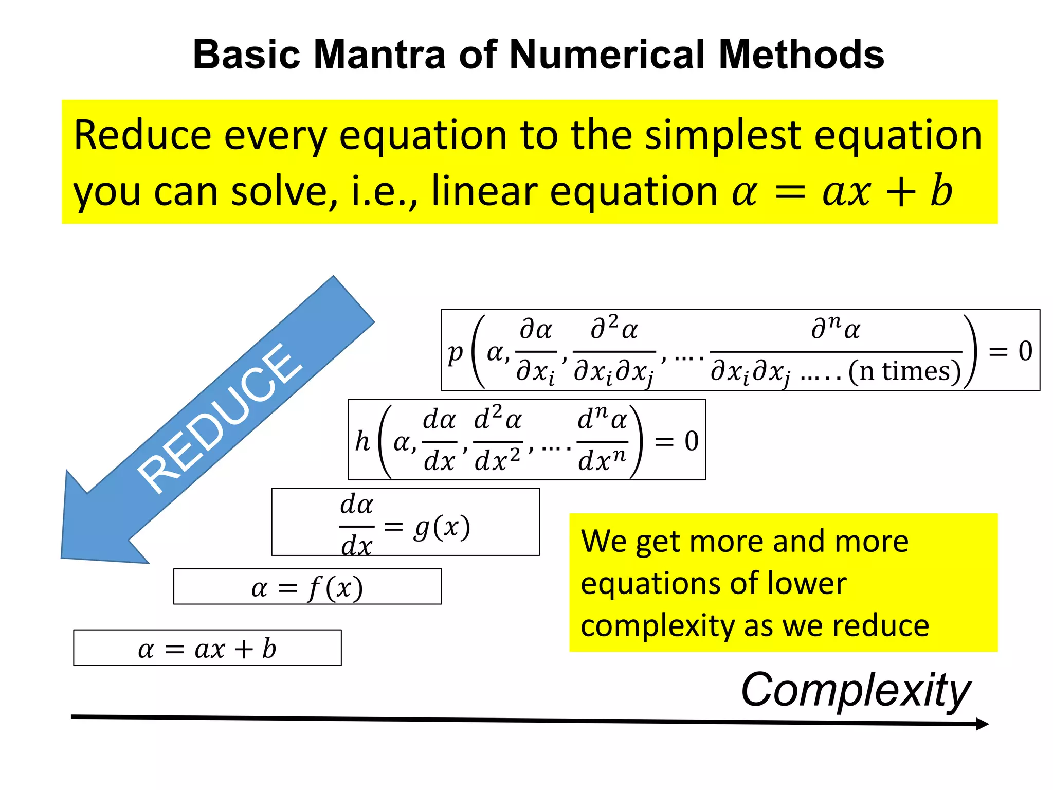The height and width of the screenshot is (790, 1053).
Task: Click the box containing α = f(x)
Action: (307, 587)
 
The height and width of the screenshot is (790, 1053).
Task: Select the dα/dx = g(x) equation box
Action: (405, 522)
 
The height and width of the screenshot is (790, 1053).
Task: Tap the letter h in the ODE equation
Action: (362, 441)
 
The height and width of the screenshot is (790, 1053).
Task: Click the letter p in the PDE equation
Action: (455, 353)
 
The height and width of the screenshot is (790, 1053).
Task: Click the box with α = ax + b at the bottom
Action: (207, 648)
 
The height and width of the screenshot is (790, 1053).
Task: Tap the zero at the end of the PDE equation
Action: (1025, 351)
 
